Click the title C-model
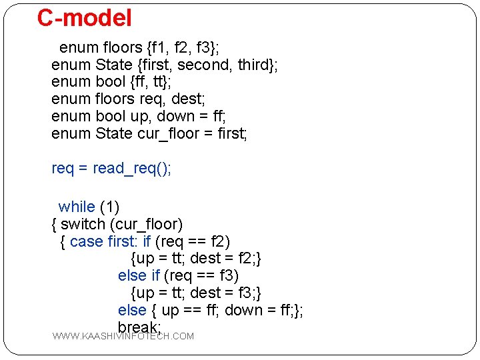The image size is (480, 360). pyautogui.click(x=85, y=18)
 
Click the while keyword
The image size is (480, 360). pyautogui.click(x=77, y=207)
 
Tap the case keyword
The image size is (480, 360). pyautogui.click(x=86, y=241)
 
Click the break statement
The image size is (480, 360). pyautogui.click(x=139, y=327)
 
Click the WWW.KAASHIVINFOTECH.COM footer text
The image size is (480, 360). pyautogui.click(x=123, y=336)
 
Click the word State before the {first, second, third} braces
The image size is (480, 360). pyautogui.click(x=114, y=65)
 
